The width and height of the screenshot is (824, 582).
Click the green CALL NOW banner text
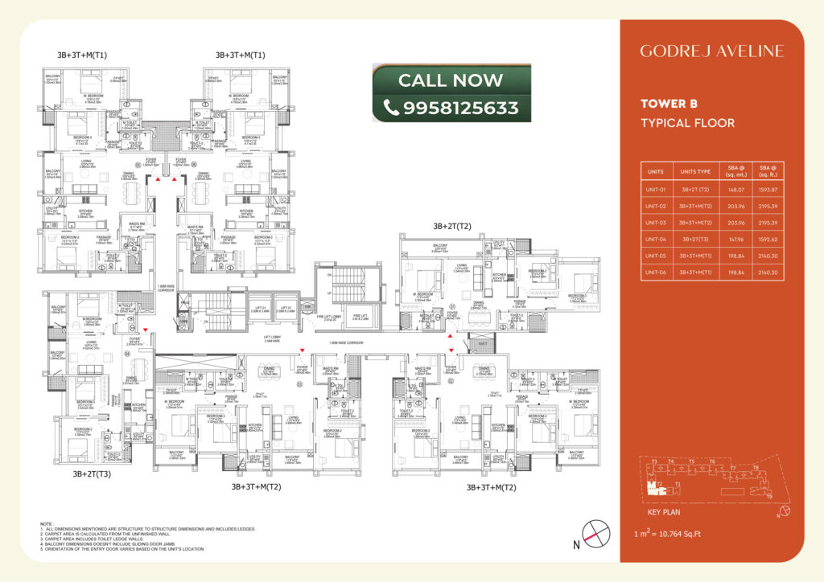[x=451, y=80]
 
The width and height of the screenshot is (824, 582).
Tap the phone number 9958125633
[x=461, y=107]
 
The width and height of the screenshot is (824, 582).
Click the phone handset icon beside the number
[x=392, y=107]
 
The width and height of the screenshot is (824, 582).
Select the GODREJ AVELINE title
[x=711, y=51]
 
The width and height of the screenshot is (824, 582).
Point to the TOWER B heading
[x=669, y=104]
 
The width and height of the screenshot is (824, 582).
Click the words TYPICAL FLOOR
[x=687, y=123]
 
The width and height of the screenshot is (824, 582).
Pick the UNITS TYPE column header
[x=695, y=173]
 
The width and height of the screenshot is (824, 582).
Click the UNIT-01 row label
[x=657, y=190]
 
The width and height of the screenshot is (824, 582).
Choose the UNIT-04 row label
[x=657, y=239]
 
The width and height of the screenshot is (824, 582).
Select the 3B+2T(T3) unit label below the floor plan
[x=92, y=474]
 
